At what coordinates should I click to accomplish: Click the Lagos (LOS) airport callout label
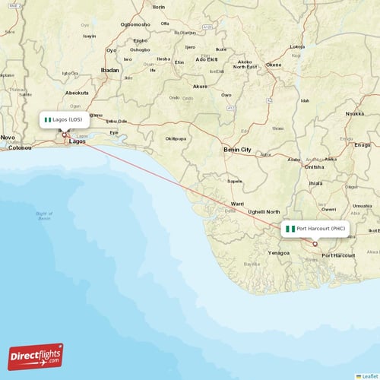65,120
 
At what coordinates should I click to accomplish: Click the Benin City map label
236,150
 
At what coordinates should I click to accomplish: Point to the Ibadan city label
110,70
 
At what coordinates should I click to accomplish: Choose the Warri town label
238,204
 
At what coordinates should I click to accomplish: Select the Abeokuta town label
78,93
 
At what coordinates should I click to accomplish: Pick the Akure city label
200,87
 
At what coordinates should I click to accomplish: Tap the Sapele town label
235,181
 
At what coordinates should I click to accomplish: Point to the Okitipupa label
176,139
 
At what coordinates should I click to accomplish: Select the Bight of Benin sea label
44,217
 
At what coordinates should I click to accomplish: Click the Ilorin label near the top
159,7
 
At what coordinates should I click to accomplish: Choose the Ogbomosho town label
135,24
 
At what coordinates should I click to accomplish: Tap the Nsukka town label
355,113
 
